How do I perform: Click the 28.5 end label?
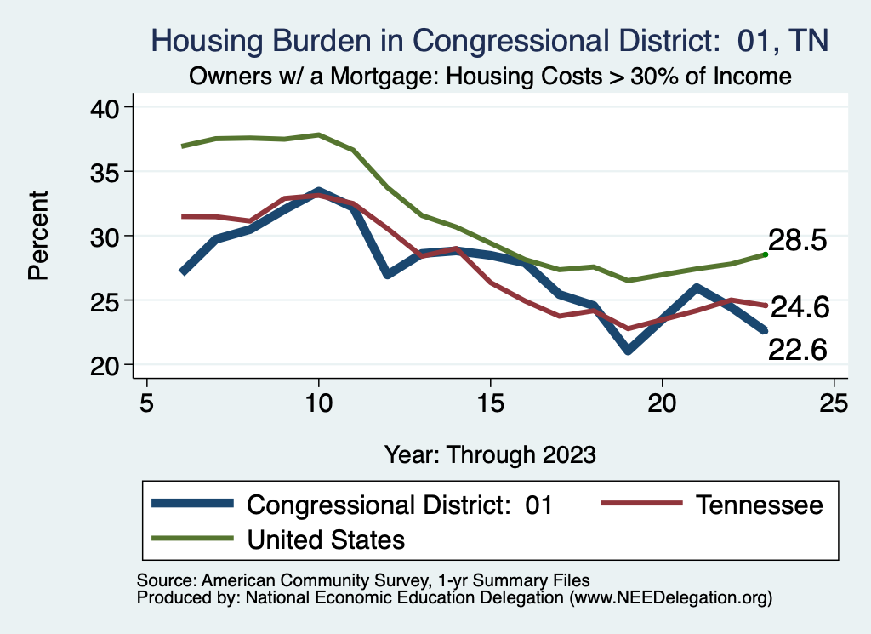(798, 241)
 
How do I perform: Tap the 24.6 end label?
(799, 307)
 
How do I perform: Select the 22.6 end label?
(798, 348)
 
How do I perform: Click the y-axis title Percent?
(37, 236)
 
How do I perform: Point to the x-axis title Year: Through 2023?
(490, 454)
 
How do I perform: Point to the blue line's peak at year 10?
(318, 191)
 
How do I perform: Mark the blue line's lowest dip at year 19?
(628, 350)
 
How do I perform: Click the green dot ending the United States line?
(766, 254)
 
